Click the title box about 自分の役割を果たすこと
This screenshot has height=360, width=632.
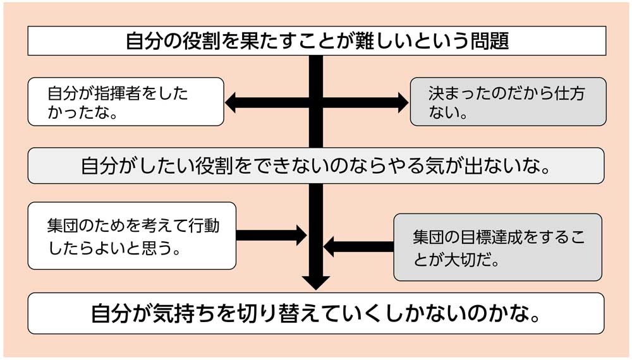click(316, 41)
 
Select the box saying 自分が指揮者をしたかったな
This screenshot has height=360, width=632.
click(126, 102)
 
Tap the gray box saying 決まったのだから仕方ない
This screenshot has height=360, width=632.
click(507, 102)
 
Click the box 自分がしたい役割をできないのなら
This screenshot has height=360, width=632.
click(316, 165)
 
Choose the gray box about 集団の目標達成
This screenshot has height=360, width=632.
click(497, 247)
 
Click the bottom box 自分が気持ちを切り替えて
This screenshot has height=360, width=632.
click(316, 313)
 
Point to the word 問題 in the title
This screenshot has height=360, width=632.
click(490, 41)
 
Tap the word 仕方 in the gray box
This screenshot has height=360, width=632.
click(567, 93)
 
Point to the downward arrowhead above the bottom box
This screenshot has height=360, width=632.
click(316, 282)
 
